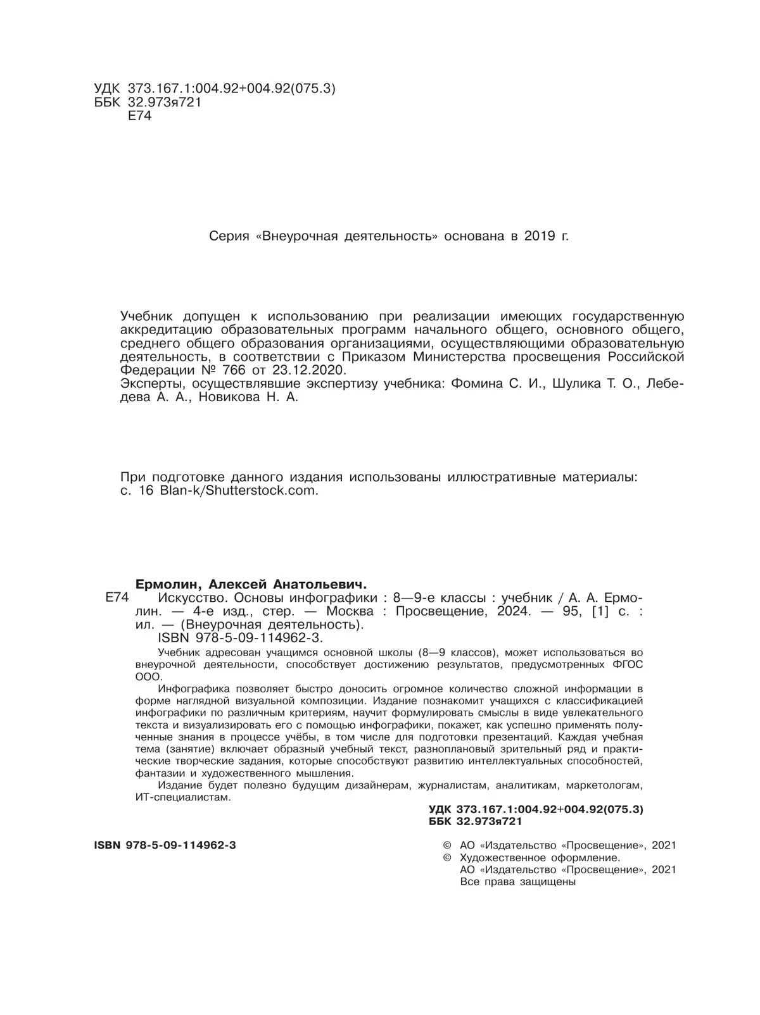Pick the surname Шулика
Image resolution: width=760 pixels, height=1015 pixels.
pos(578,384)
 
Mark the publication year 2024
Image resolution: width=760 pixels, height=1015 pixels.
pos(514,612)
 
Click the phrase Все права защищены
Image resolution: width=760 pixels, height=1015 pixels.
pos(517,882)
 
